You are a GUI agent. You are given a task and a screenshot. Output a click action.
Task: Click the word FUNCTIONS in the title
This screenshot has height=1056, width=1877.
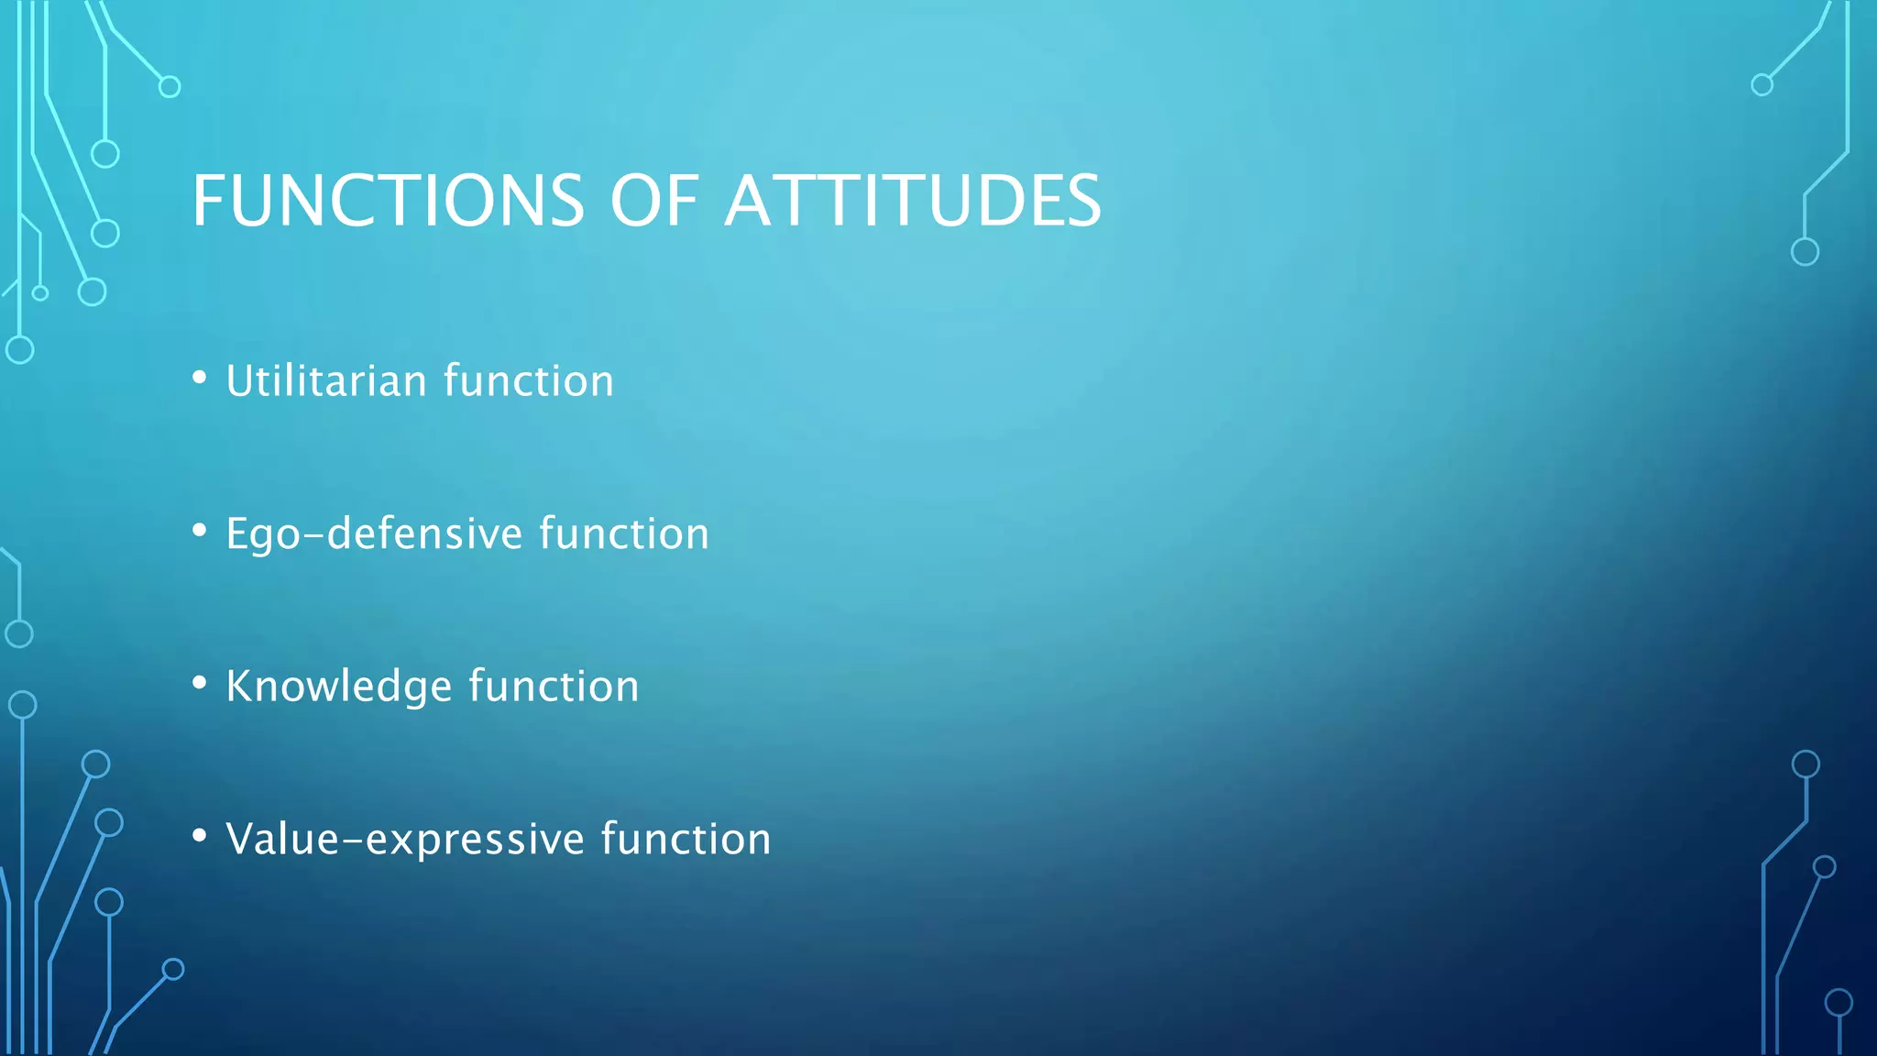click(x=388, y=201)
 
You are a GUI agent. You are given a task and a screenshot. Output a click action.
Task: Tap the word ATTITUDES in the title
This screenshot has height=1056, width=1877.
click(x=913, y=201)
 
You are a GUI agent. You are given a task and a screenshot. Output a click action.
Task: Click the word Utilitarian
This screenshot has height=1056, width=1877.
click(x=326, y=380)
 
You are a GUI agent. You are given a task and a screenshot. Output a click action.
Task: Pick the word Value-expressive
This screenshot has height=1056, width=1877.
click(x=405, y=840)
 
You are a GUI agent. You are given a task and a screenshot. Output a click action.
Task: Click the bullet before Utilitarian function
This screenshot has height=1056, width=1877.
click(x=200, y=378)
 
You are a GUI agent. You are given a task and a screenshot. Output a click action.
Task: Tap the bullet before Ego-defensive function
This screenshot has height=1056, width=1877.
click(x=200, y=531)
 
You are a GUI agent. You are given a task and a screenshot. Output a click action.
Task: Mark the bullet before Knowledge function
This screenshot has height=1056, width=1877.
click(x=200, y=683)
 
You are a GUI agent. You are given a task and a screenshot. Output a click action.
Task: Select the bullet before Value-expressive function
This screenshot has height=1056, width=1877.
click(x=200, y=836)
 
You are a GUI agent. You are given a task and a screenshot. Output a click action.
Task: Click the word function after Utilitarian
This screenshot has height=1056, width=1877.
click(x=529, y=380)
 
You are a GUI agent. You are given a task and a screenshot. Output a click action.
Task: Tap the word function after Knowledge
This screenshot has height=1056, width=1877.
click(x=554, y=687)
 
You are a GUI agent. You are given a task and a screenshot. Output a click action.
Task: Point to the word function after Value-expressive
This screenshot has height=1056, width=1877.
click(x=686, y=840)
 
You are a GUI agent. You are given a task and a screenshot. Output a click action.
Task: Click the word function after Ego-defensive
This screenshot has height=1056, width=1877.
click(x=624, y=533)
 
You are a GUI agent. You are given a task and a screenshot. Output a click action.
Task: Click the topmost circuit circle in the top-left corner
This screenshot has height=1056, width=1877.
click(x=170, y=87)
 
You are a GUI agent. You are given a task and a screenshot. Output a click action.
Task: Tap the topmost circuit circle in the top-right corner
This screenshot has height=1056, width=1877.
click(x=1762, y=85)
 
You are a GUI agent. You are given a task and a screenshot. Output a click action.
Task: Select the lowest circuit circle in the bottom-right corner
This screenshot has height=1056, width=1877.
click(x=1839, y=1003)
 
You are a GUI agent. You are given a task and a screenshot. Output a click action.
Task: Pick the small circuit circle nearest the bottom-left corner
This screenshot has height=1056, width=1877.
click(x=173, y=969)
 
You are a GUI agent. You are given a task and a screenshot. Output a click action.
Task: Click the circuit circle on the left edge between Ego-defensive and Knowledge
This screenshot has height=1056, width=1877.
click(x=19, y=633)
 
